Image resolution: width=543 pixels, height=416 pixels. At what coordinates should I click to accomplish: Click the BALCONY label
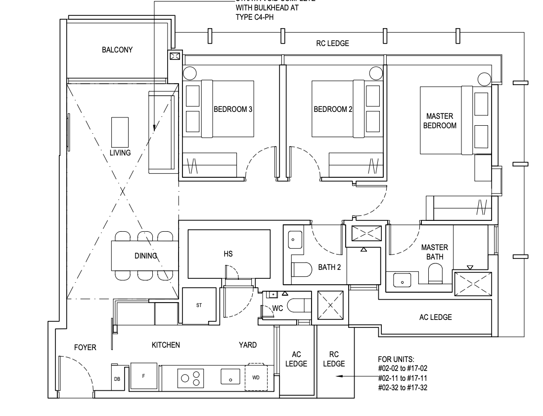pos(117,50)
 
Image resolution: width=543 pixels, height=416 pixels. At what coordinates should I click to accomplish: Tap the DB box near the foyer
pos(117,379)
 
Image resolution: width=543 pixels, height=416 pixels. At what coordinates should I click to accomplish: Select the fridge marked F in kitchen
pos(143,376)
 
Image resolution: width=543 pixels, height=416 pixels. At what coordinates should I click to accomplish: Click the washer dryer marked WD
pos(256,377)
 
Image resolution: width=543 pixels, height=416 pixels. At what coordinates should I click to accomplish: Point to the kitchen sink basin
pos(230,377)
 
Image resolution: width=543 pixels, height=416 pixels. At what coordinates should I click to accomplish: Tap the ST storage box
pos(199,306)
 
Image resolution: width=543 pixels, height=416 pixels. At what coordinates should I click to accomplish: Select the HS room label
pos(228,254)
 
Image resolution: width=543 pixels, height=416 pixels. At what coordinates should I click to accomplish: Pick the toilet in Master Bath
pos(435,273)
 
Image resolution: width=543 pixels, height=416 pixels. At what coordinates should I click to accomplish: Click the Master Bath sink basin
pos(403,281)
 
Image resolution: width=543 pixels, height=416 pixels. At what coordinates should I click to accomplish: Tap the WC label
pos(278,308)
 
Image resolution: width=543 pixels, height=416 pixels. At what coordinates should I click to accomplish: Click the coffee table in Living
pos(120,130)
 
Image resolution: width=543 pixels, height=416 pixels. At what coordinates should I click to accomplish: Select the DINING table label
pos(145,256)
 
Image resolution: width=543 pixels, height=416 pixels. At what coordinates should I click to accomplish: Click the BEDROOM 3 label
pos(233,109)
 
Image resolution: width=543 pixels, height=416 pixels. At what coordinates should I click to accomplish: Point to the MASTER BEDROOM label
pos(441,121)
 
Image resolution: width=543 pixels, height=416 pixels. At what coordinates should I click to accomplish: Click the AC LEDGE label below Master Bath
pos(435,317)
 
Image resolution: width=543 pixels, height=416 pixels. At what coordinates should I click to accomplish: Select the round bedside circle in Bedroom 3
pos(189,73)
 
